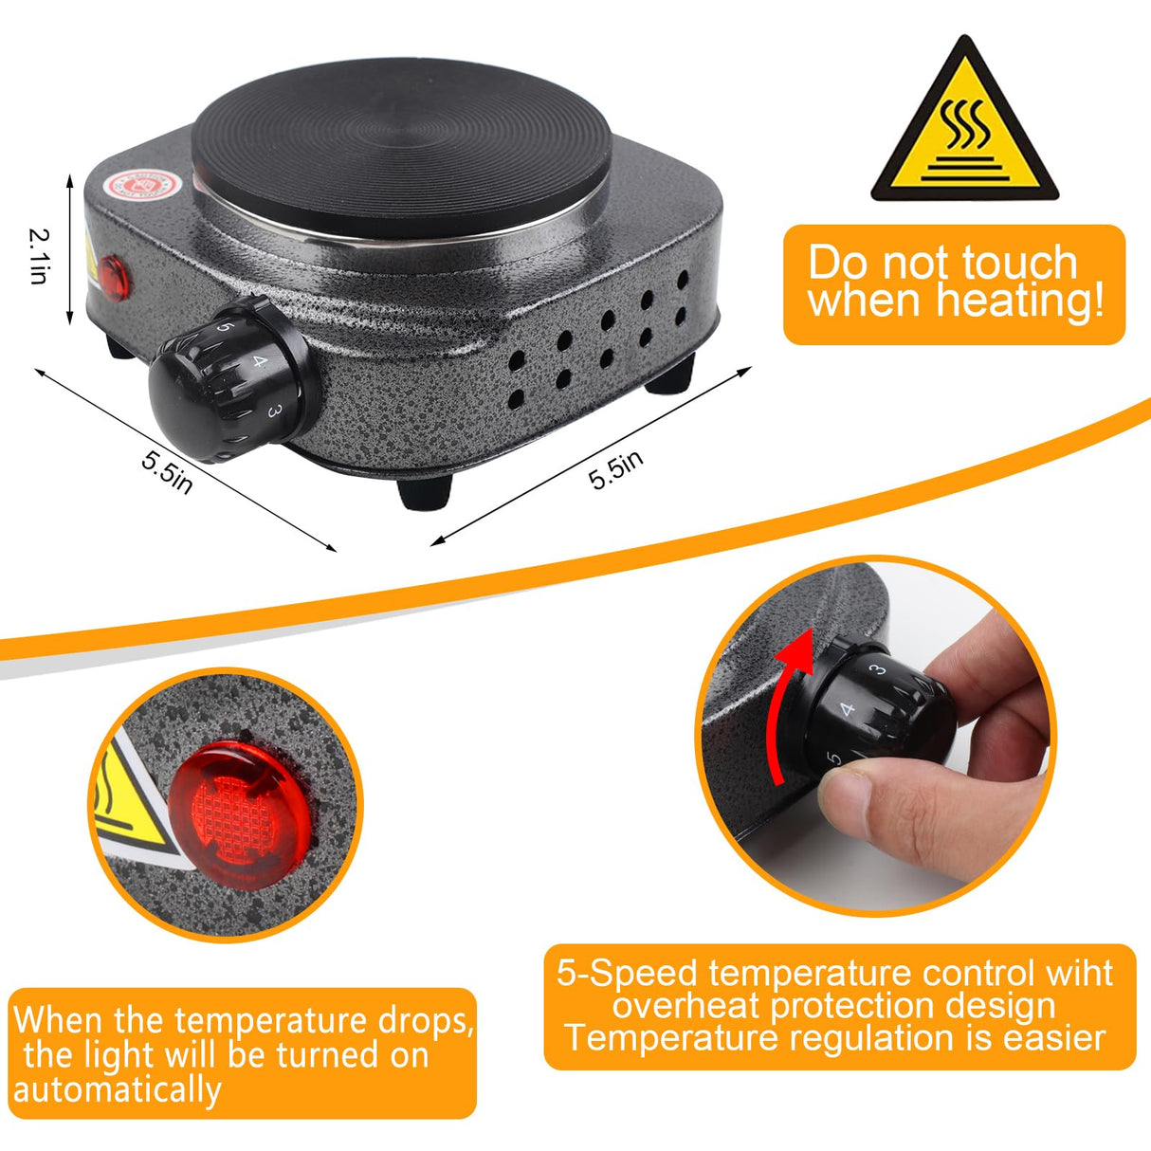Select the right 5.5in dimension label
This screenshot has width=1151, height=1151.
pyautogui.click(x=616, y=469)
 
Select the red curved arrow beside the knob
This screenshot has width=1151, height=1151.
pyautogui.click(x=789, y=702)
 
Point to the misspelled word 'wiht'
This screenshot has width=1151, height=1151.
pyautogui.click(x=1079, y=974)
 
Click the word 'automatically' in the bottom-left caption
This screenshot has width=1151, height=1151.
pyautogui.click(x=117, y=1089)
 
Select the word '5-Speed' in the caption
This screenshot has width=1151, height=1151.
pyautogui.click(x=627, y=974)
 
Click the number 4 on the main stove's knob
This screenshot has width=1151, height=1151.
pyautogui.click(x=261, y=361)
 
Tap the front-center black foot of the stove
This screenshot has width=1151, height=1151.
pyautogui.click(x=424, y=492)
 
